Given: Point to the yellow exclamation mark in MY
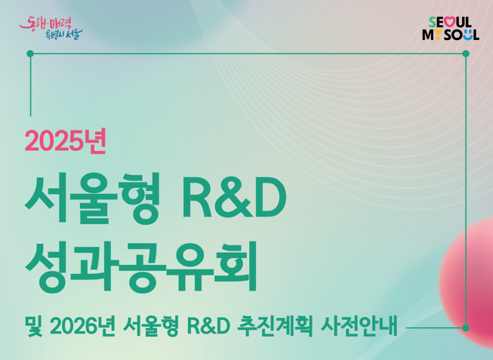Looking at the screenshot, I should [x=438, y=35].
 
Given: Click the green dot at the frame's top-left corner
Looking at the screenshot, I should [x=30, y=54].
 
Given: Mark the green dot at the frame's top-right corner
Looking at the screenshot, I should [x=465, y=54].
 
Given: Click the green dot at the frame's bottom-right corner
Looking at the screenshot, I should [x=465, y=328].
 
